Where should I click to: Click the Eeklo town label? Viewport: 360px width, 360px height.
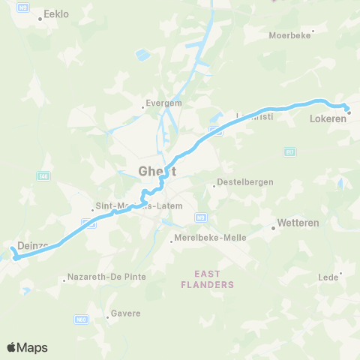coord(56,13)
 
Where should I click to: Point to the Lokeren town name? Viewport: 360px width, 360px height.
coord(327,118)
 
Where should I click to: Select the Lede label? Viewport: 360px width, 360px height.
coord(328,277)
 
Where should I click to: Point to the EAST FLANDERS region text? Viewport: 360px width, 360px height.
coord(208,279)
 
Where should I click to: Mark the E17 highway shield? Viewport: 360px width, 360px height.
coord(289,152)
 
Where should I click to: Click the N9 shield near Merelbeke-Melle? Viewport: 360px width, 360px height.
coord(199,217)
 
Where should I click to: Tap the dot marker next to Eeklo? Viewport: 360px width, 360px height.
coord(40,19)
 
